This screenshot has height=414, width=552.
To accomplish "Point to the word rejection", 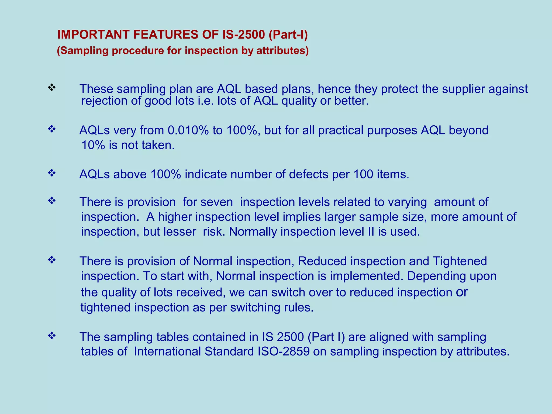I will click(x=104, y=101).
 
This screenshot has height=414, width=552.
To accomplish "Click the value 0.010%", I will click(x=188, y=130).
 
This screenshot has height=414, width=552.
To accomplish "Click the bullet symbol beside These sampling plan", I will click(x=51, y=87).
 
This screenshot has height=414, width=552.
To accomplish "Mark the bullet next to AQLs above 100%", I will click(x=51, y=173).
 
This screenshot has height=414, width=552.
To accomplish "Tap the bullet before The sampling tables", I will click(x=51, y=336).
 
